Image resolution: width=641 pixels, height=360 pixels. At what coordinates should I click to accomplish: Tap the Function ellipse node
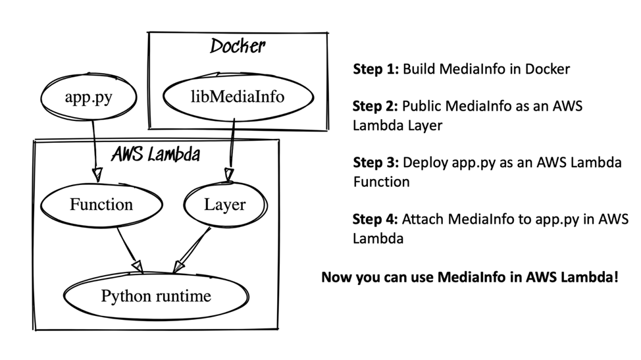point(101,205)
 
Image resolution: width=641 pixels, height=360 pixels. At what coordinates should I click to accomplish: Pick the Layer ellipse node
point(224,205)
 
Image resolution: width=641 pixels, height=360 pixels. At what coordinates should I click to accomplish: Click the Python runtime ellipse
point(156,296)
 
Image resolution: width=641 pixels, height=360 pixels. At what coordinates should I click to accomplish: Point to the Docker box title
point(237,46)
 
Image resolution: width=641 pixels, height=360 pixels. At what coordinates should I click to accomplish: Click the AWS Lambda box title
point(156,155)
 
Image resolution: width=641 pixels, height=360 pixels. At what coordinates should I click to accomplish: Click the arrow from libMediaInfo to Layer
point(230,148)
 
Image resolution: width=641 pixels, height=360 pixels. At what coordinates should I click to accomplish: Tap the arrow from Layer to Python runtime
point(193,247)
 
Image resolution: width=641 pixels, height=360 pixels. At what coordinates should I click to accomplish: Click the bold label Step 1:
point(376,68)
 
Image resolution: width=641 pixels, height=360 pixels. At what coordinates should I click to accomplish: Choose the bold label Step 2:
point(376,106)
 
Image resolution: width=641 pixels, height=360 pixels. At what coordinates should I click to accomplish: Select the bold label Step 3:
point(376,163)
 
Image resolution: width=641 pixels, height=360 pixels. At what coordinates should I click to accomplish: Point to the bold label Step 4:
point(376,219)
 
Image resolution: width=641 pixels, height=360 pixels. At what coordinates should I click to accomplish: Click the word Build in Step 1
point(418,68)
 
